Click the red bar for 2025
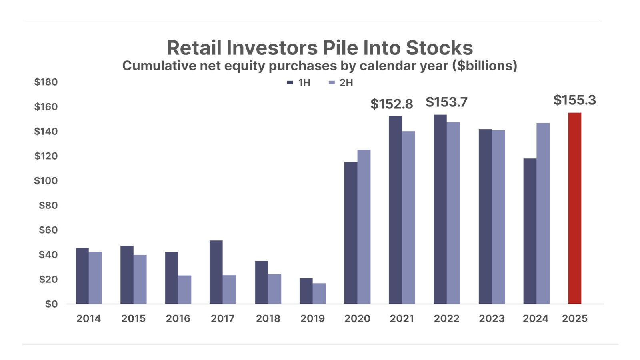[x=574, y=208]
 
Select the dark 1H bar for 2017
[x=216, y=272]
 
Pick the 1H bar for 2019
[x=306, y=291]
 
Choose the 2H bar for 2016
[x=184, y=289]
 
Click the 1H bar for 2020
[x=351, y=232]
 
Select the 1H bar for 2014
[x=82, y=276]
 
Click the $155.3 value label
[x=574, y=100]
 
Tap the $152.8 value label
[x=392, y=104]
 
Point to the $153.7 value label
[x=446, y=102]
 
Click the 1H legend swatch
[x=290, y=83]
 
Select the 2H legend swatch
[x=331, y=83]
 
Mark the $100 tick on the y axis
[x=46, y=181]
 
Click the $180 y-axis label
[x=46, y=82]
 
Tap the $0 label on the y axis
[x=51, y=304]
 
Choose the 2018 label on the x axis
[x=268, y=319]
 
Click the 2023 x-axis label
[x=492, y=319]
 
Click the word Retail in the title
[x=194, y=48]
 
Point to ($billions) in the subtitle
[x=485, y=66]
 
